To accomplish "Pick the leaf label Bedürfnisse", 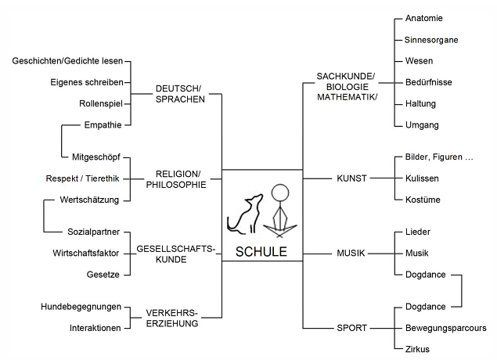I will [429, 82].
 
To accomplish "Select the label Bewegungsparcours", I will [446, 328].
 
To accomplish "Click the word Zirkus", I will [418, 349].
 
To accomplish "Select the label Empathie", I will [103, 124].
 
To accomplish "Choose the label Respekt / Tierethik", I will [82, 178].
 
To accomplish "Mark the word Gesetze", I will [103, 275].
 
